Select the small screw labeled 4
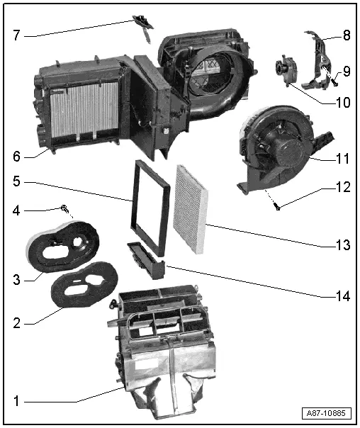click(64, 208)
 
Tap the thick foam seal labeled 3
click(67, 244)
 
